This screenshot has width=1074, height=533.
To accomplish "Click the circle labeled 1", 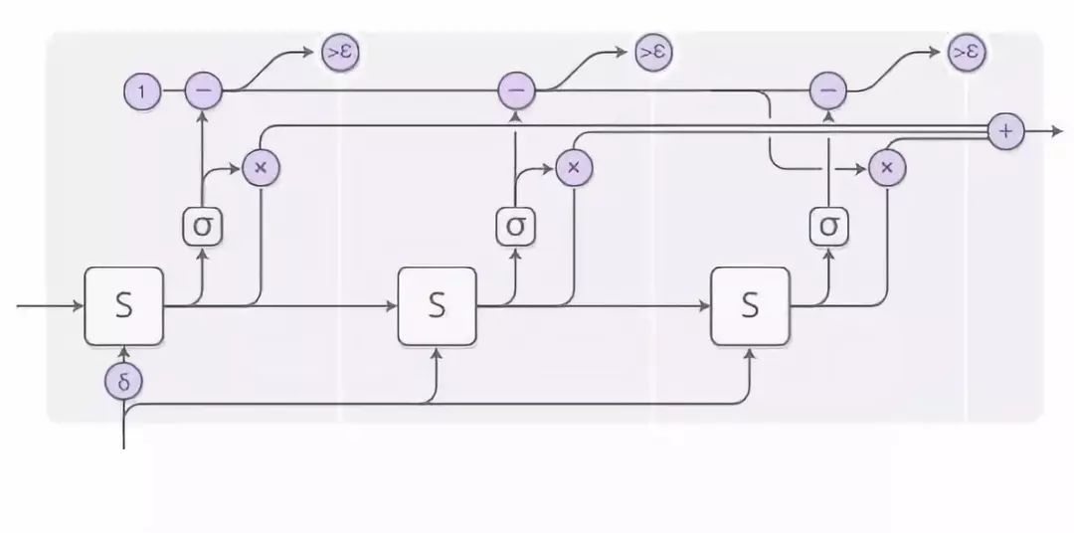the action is click(x=141, y=92).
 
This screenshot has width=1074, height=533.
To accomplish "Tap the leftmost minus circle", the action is click(x=204, y=90).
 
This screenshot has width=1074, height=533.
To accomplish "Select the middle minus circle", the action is click(x=516, y=90).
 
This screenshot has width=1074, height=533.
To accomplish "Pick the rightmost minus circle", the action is click(x=827, y=90).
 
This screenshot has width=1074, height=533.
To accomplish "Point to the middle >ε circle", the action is click(x=652, y=53).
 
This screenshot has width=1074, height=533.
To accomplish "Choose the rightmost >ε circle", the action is click(x=965, y=53).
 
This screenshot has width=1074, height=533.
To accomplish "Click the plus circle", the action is click(x=1006, y=130).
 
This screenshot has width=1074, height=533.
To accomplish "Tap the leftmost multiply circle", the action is click(x=261, y=167).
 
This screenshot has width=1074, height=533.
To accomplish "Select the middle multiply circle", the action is click(x=573, y=167).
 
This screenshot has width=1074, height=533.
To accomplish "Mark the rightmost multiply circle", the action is click(x=885, y=167).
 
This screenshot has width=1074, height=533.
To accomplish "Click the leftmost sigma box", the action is click(x=202, y=227).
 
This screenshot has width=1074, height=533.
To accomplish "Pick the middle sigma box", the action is click(x=515, y=227).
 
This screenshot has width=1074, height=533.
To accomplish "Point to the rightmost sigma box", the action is click(x=827, y=227).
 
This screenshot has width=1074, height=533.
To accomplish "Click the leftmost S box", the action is click(x=123, y=305).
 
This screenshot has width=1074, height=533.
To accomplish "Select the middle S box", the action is click(x=437, y=305).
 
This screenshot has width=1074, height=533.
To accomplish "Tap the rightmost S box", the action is click(x=750, y=305).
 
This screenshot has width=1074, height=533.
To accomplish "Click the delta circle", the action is click(x=123, y=380).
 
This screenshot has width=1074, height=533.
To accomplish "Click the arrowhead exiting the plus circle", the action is click(x=1056, y=130).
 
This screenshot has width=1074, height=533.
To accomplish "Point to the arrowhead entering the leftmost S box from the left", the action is click(x=78, y=305).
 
